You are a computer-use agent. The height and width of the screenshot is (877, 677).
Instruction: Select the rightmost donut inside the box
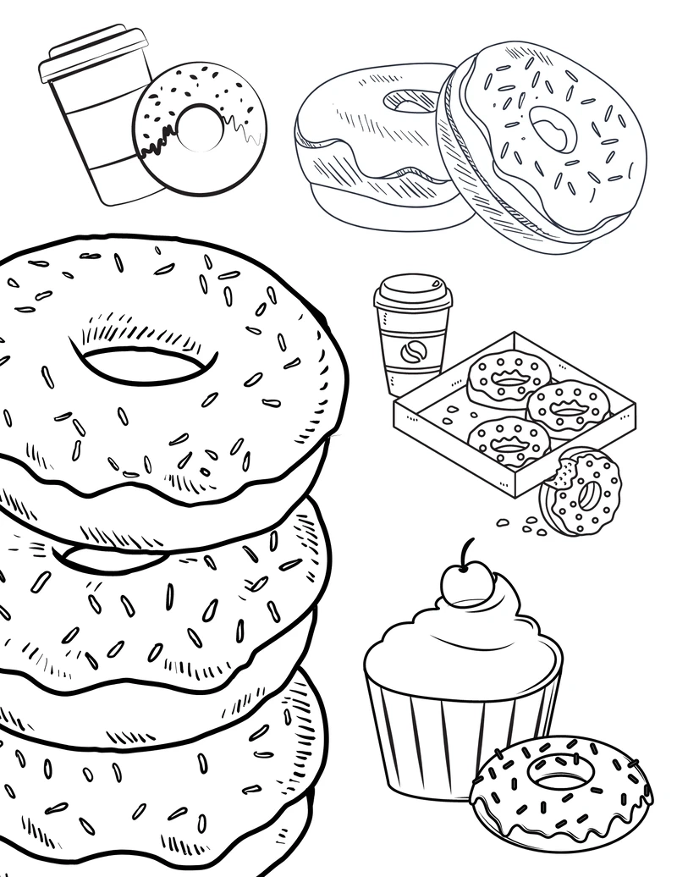(568, 407)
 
